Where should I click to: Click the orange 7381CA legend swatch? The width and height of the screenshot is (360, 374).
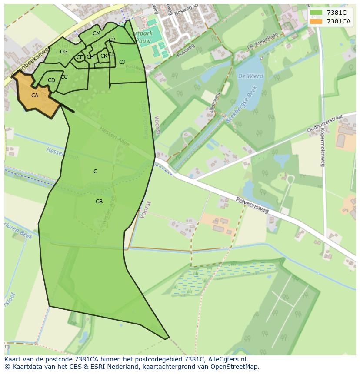click(316, 21)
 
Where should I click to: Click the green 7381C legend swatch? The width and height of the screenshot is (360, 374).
click(316, 13)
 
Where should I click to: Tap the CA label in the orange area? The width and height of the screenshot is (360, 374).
click(35, 96)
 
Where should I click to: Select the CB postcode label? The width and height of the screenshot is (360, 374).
click(99, 202)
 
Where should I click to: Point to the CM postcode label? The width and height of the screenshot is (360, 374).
click(97, 33)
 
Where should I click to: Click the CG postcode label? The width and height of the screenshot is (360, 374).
click(64, 52)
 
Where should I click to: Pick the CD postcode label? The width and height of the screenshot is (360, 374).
click(51, 80)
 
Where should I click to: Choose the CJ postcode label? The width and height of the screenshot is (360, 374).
click(122, 62)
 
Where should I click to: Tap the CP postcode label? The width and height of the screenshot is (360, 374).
click(112, 40)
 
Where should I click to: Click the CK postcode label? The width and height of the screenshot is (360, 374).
click(103, 56)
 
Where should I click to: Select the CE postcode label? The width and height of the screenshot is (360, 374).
click(80, 57)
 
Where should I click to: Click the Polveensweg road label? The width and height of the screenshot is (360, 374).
click(253, 205)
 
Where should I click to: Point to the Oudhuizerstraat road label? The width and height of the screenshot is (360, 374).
click(325, 123)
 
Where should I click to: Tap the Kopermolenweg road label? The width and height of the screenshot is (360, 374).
click(323, 148)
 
